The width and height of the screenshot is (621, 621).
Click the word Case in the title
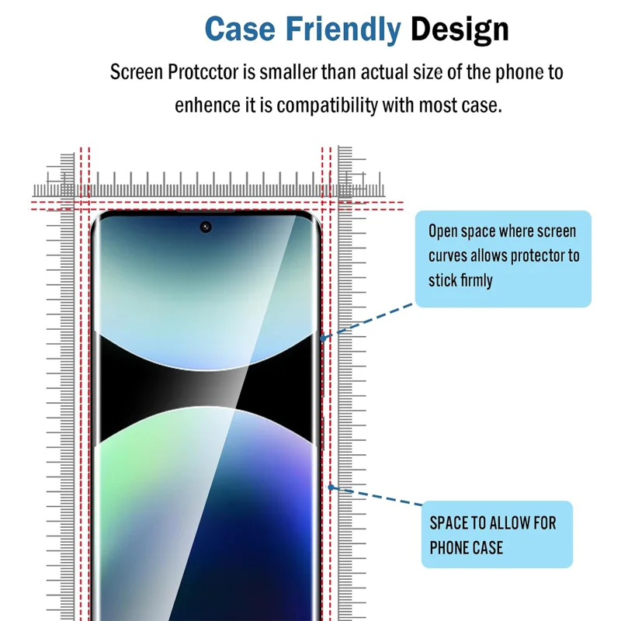tap(240, 29)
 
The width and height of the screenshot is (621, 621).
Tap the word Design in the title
tap(460, 29)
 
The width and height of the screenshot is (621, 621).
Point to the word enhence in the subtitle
tap(203, 105)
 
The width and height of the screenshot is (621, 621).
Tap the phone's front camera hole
tap(206, 227)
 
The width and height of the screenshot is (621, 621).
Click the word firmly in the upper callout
tap(474, 280)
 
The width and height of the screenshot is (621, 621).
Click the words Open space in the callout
tap(461, 231)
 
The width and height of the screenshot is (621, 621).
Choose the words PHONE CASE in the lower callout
tap(467, 548)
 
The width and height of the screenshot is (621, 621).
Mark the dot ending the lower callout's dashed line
tap(331, 487)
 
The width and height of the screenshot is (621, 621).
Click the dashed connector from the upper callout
tap(369, 321)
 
